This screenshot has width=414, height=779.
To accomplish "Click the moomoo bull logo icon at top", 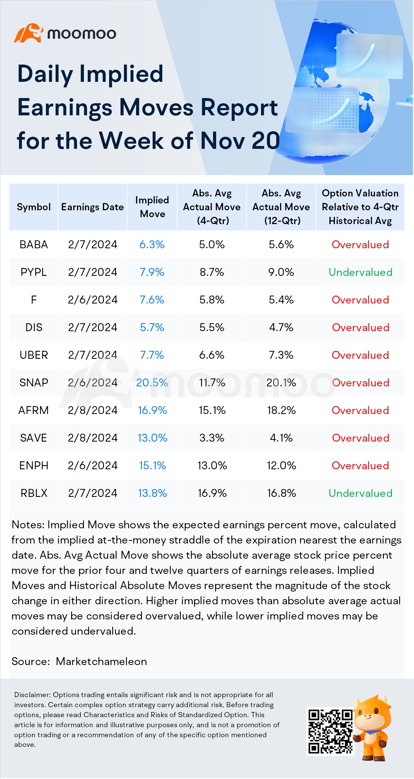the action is pos(28,33).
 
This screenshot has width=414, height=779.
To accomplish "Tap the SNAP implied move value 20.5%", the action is pos(152,383).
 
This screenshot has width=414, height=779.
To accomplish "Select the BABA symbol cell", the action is pos(34,244).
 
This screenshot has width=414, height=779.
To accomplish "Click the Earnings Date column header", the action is pos(93,207).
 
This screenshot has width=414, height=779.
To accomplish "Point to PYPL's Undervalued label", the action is pos(360,272).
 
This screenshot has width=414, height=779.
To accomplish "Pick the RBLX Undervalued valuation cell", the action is pos(360,493).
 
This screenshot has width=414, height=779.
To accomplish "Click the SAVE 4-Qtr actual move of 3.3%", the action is pos(212,438).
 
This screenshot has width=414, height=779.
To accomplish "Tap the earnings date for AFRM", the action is pos(93,410).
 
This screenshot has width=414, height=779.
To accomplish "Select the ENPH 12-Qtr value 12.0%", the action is pos(281,465).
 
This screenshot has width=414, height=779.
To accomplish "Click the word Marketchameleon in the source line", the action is pos(102,661).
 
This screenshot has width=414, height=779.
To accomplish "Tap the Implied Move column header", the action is pos(152,207).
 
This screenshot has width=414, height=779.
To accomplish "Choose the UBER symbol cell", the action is pos(34,355).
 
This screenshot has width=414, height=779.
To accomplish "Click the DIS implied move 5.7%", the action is pos(152,327).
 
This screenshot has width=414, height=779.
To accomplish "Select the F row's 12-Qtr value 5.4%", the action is pos(281,300).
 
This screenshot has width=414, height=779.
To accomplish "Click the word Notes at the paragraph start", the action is pos(28,525).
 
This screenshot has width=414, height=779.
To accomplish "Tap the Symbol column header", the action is pos(34,207).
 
